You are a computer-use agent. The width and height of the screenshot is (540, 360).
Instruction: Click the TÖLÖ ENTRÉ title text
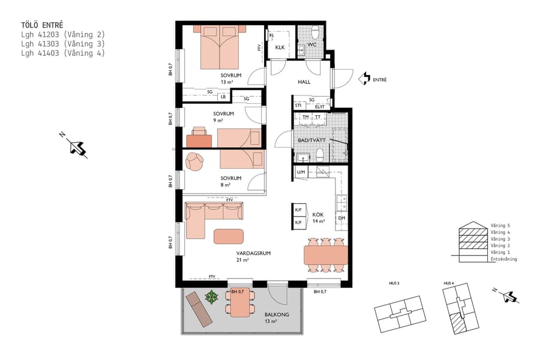click(42, 26)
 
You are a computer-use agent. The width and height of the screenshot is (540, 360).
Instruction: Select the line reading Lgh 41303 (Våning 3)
click(63, 44)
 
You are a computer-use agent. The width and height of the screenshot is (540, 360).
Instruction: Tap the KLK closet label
click(280, 47)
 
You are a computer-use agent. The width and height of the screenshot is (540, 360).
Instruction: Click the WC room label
click(311, 45)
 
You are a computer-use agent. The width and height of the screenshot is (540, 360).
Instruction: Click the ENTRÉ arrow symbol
click(364, 79)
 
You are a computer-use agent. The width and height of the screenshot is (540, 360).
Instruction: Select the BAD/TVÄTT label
click(311, 140)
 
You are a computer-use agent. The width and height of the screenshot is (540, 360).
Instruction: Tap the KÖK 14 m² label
click(318, 217)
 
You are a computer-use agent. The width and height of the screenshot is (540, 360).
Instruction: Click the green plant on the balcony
click(211, 296)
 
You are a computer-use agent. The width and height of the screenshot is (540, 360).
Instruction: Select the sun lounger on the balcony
click(199, 308)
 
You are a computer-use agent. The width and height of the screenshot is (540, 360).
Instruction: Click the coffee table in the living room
click(229, 236)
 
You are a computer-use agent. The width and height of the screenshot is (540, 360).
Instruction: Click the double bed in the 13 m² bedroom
click(219, 48)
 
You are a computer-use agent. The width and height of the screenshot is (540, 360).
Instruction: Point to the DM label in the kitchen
click(341, 218)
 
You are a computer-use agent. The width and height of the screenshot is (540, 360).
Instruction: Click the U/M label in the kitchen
click(301, 173)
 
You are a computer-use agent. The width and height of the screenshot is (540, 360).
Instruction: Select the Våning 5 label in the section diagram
click(500, 226)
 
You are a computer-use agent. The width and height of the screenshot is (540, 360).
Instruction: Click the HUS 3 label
click(394, 283)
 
